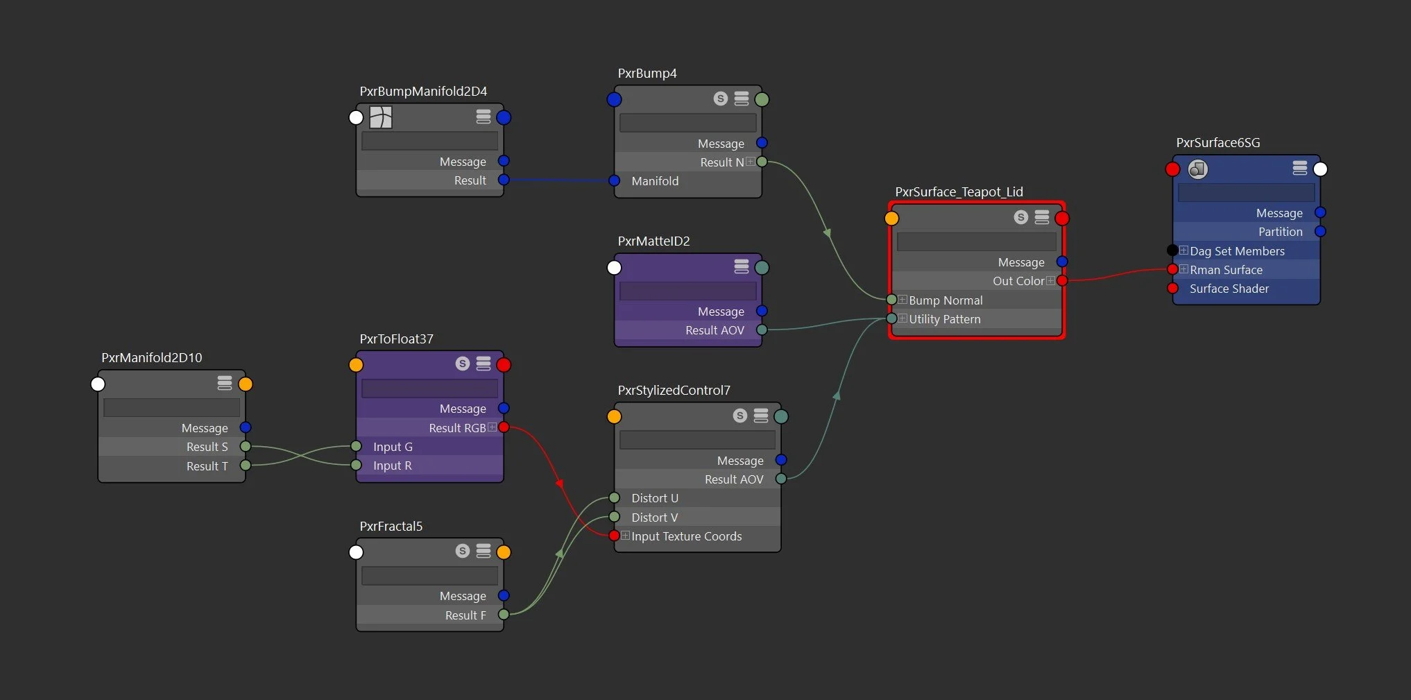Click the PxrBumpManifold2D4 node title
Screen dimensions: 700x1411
point(423,92)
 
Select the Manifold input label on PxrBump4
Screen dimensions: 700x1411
point(654,181)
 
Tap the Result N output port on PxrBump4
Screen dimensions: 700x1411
point(762,162)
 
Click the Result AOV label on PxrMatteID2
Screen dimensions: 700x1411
point(715,330)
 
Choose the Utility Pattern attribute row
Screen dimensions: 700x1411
point(944,319)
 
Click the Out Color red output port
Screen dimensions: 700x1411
point(1062,281)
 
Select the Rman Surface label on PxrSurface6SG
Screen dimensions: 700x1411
point(1226,270)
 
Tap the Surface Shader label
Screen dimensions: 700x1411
point(1229,289)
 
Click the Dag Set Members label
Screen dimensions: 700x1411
point(1237,251)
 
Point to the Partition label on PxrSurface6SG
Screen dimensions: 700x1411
point(1280,232)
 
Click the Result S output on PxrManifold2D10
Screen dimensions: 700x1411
point(246,447)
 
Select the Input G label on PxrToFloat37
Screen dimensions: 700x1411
point(393,447)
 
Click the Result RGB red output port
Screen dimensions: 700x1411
point(504,427)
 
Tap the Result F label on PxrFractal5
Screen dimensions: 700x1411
point(465,615)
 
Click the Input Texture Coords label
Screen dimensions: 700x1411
point(686,536)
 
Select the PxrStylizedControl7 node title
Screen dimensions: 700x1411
point(674,391)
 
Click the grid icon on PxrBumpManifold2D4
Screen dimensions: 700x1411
point(381,117)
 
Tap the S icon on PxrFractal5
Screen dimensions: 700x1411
point(463,551)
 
